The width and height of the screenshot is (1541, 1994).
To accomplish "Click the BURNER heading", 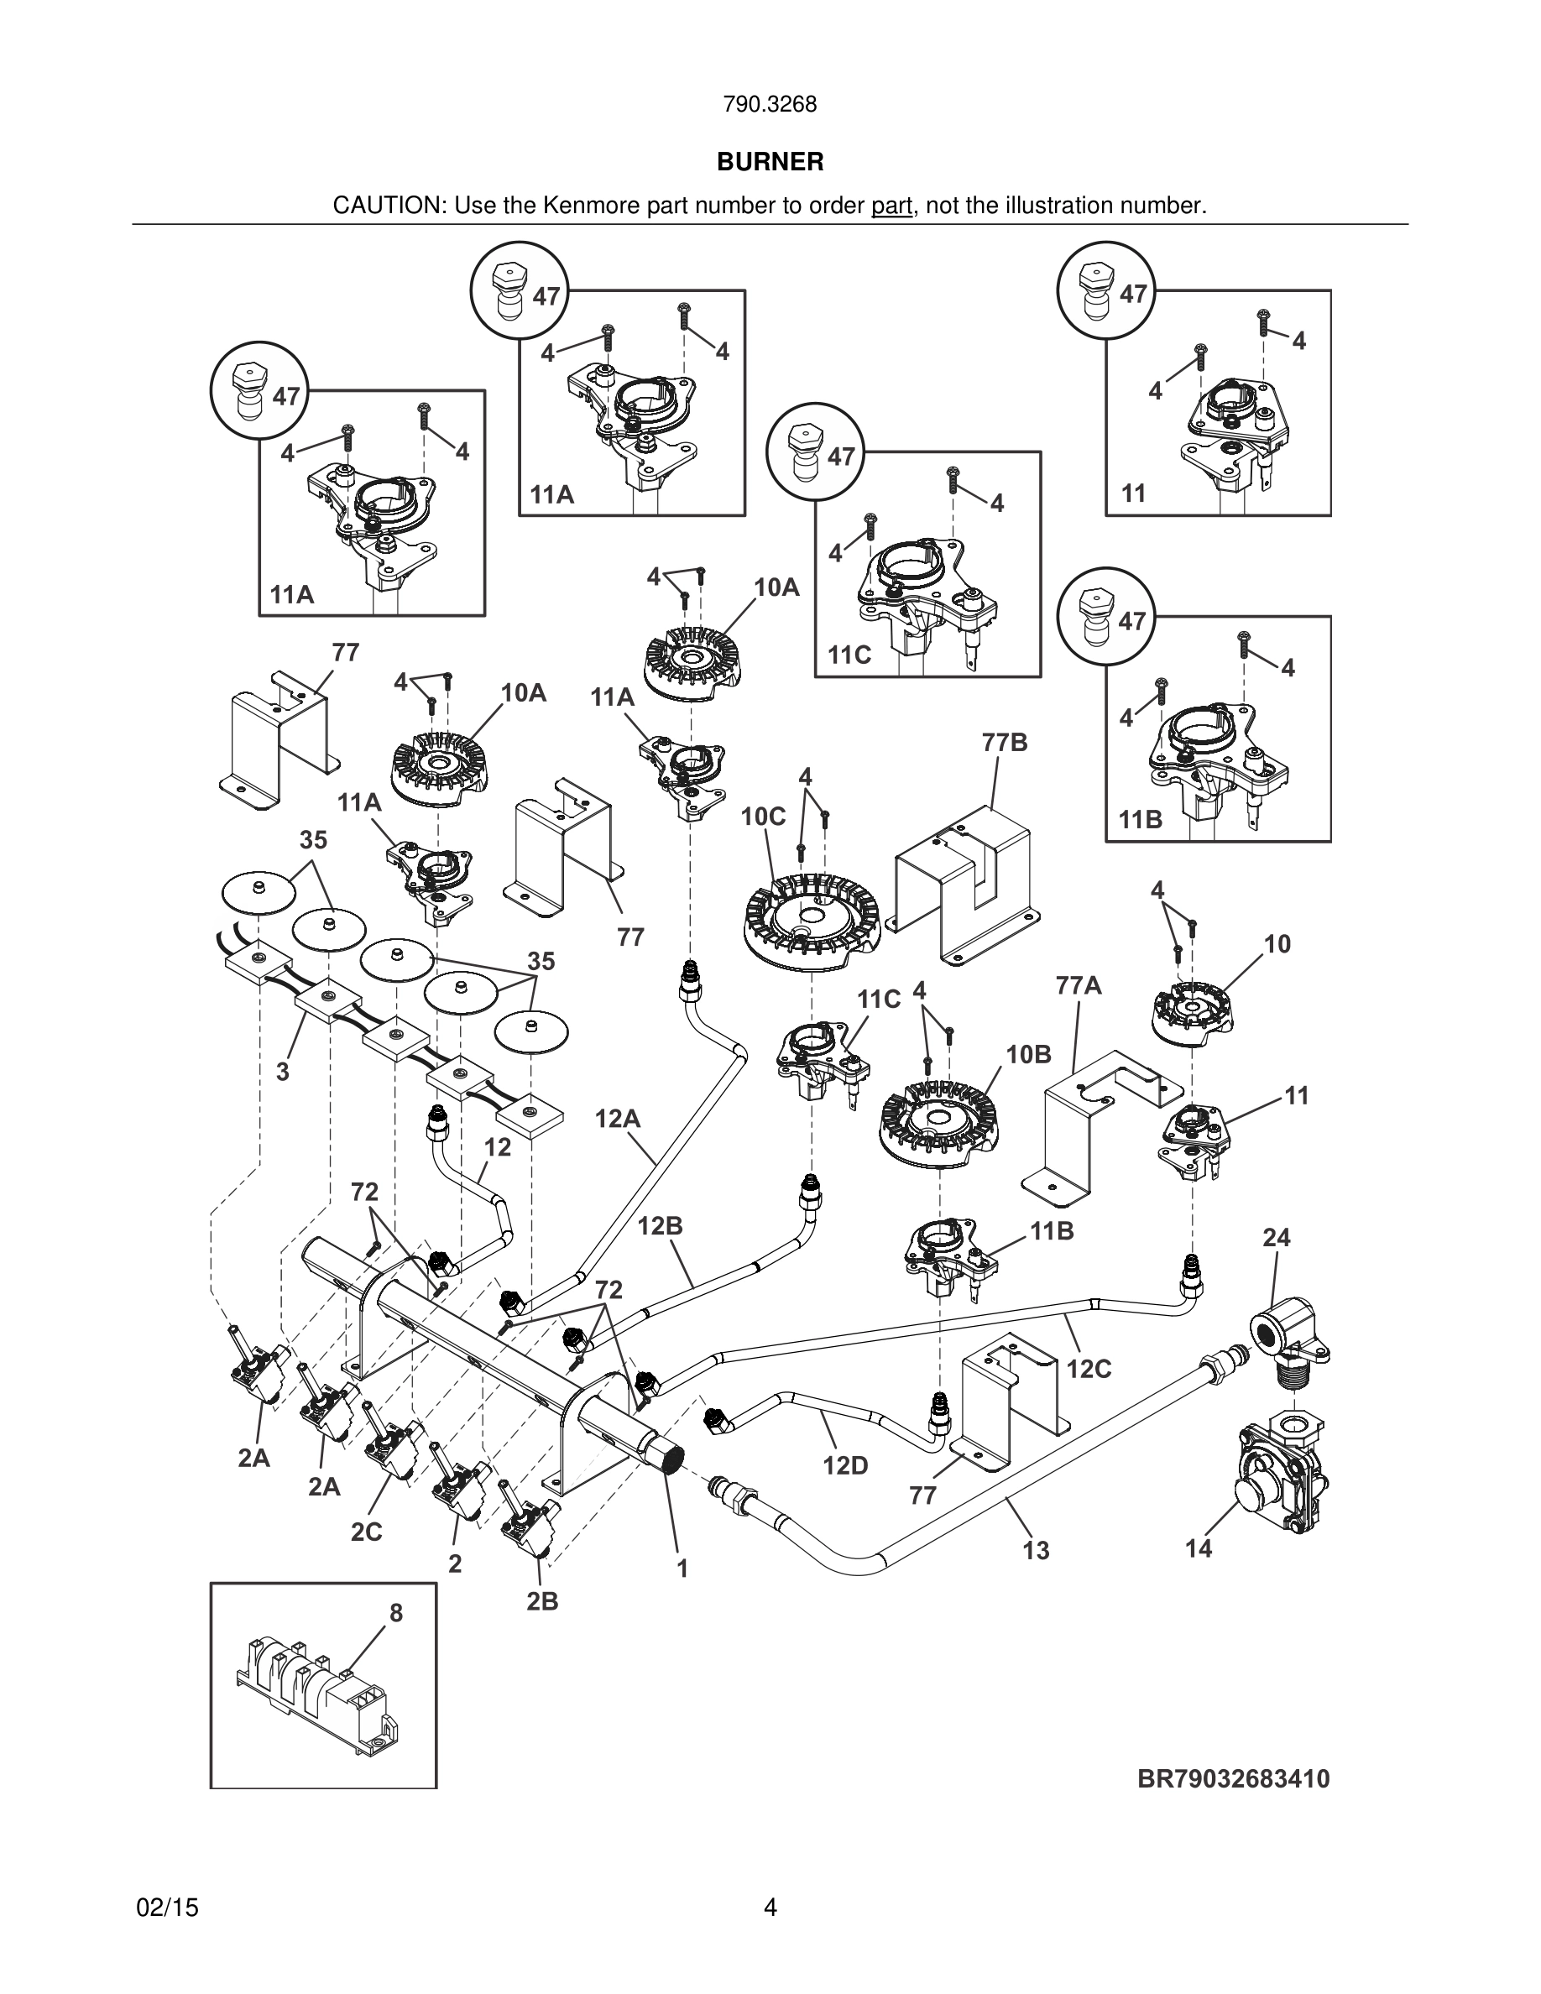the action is [x=770, y=163].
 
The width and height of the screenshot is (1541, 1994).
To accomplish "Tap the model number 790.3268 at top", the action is [x=770, y=105].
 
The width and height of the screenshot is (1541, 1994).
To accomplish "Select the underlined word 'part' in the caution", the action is [x=892, y=206].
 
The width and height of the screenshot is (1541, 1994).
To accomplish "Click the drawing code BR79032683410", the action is [x=1233, y=1778].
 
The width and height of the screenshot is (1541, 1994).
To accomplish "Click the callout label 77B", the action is [x=1006, y=744].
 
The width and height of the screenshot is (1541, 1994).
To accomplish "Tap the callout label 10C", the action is [x=763, y=817].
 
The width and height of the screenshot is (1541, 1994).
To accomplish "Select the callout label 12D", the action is [x=845, y=1465].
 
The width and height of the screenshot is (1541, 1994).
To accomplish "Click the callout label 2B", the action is [x=542, y=1601].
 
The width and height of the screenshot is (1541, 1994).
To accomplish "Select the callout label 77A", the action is [x=1079, y=986].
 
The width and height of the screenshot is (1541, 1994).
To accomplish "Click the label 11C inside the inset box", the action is [x=849, y=655].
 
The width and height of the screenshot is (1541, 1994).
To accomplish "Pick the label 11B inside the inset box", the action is [x=1141, y=820].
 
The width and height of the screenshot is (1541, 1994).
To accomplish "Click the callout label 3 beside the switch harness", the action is [x=283, y=1072].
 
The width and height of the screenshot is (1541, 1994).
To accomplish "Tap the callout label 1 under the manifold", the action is [x=682, y=1569].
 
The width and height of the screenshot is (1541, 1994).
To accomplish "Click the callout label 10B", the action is [x=1029, y=1055].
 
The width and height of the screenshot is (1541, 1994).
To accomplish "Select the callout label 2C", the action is [x=366, y=1532].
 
